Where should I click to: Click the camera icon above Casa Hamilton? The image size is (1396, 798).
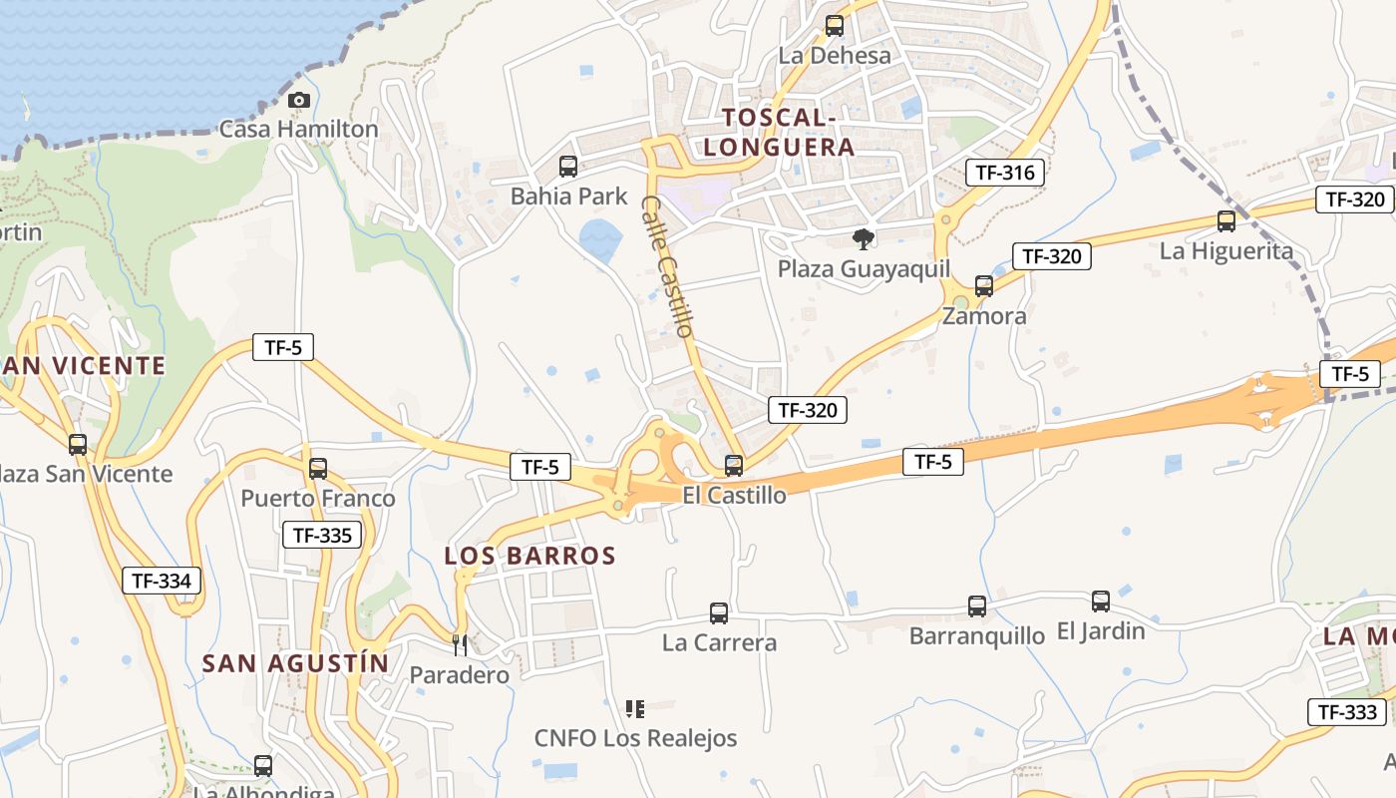298,100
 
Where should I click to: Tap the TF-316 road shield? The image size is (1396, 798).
1005,173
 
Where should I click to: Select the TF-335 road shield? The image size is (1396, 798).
322,536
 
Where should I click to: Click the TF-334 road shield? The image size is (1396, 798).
162,581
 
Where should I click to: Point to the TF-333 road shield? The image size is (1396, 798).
1347,712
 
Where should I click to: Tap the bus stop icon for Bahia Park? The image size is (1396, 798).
568,167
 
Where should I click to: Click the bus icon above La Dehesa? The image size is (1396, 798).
835,26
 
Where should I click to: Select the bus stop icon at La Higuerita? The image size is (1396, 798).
1226,221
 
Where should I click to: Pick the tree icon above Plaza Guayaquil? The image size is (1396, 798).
864,239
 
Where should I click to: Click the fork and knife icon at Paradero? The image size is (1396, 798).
460,645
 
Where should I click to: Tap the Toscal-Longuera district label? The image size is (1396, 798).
779,133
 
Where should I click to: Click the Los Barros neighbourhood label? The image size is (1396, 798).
530,556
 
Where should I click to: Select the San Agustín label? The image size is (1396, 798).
295,663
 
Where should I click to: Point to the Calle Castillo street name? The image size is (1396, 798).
667,265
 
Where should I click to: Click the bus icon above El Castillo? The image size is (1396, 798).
734,465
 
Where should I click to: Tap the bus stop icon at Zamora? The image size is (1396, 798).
984,286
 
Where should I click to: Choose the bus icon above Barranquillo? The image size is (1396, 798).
977,605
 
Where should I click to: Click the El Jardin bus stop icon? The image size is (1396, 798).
1101,601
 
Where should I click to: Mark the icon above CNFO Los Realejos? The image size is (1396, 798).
634,709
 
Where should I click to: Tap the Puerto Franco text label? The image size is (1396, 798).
318,498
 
